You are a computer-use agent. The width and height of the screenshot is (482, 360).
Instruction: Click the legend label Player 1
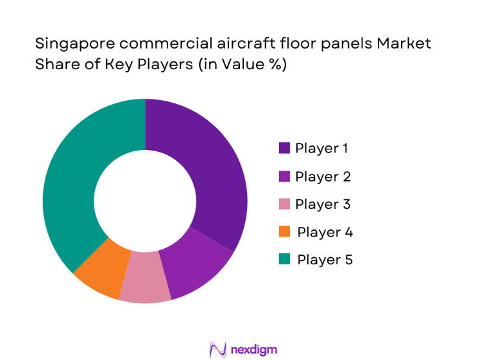(322, 148)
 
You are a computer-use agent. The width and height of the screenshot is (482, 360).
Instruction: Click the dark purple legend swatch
(284, 149)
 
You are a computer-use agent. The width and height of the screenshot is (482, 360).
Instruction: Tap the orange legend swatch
(284, 232)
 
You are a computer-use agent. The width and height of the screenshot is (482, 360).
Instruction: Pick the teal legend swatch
(284, 260)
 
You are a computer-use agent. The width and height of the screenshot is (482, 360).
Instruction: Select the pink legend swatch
(284, 204)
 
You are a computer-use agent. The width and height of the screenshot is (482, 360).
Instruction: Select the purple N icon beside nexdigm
(217, 349)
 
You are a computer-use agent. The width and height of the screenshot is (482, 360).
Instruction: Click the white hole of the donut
(145, 200)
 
